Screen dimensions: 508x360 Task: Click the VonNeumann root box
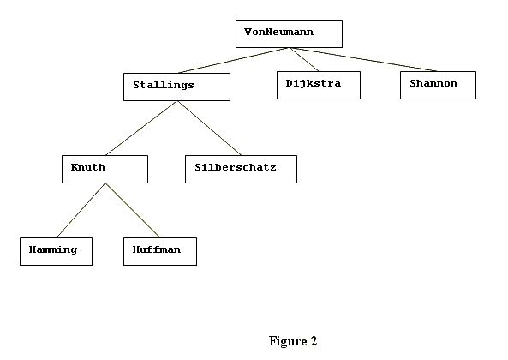tap(289, 33)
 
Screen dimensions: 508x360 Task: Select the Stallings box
tap(176, 87)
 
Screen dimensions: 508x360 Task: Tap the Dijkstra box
tap(319, 85)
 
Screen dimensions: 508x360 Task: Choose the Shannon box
tap(438, 85)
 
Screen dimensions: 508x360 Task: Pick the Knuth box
tap(105, 169)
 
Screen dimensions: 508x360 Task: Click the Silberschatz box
tap(241, 169)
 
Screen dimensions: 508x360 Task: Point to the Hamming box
tap(56, 251)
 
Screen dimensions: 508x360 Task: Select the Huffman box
tap(160, 251)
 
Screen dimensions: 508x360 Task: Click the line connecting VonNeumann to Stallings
tap(233, 60)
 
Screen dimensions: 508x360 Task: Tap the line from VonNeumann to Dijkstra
tap(304, 60)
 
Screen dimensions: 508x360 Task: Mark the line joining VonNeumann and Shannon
tap(363, 60)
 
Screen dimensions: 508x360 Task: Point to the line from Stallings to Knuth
tap(141, 128)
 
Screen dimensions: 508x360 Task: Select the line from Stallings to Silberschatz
tap(209, 128)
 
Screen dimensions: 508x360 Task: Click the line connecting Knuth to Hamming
tap(81, 210)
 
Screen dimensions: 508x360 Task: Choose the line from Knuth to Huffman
tap(133, 210)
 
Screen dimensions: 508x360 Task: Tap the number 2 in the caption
tap(314, 341)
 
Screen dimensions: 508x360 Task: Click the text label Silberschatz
tap(236, 167)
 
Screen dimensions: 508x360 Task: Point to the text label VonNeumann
tap(279, 32)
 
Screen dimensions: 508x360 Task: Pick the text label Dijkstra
tap(314, 84)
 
